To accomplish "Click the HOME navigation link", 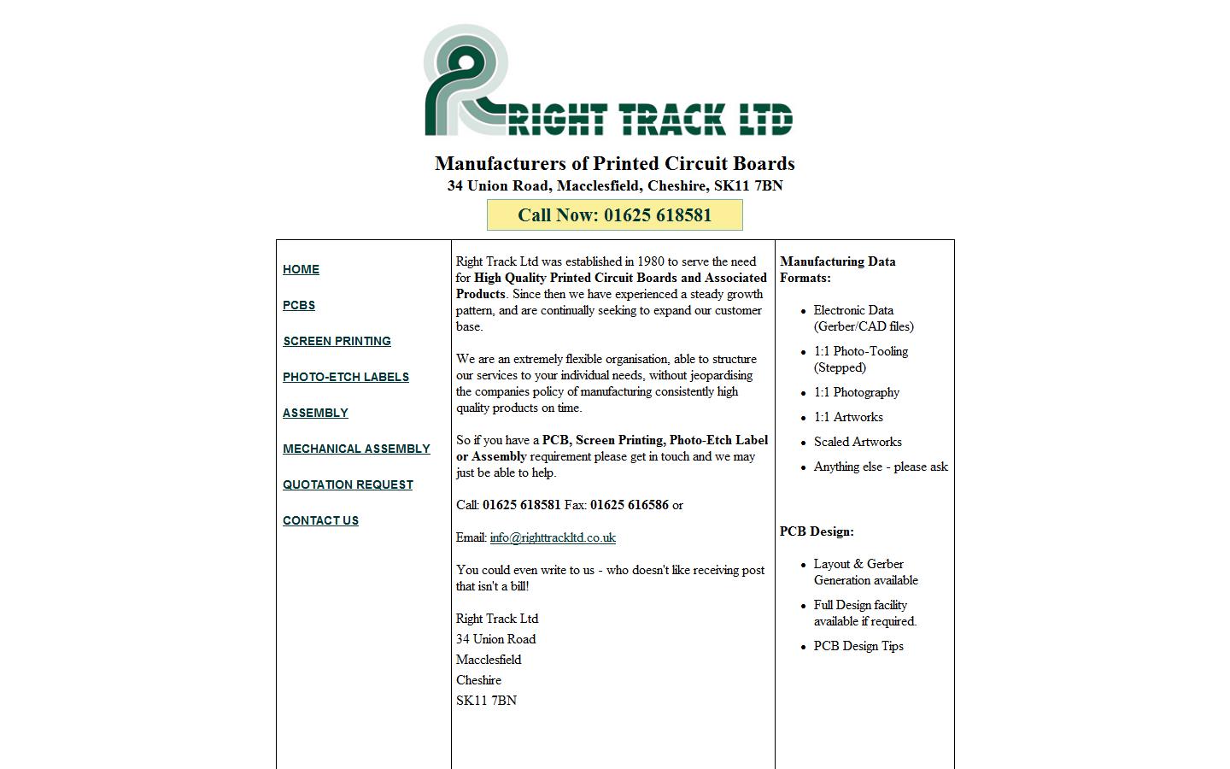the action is [x=301, y=269].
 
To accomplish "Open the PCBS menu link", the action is [x=299, y=305].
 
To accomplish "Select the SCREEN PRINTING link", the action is [x=337, y=341].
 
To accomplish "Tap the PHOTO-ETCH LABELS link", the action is [x=346, y=377].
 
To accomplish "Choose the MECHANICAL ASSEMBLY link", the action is [x=356, y=449].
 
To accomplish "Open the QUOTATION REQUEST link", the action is [x=348, y=484].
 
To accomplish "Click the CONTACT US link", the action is [x=320, y=520].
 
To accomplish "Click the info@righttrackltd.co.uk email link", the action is [x=553, y=537].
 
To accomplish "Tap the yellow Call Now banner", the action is [x=614, y=215].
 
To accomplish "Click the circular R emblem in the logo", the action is [x=466, y=79].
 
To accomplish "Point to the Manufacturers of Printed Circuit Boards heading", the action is [x=614, y=163].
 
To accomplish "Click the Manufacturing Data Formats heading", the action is [x=837, y=269].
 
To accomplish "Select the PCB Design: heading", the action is [x=817, y=531].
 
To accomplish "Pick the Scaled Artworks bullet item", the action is [x=858, y=442].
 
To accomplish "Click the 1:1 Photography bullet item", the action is [x=857, y=392].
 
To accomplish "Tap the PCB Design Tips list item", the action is [x=858, y=646].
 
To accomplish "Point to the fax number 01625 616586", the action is [x=629, y=505].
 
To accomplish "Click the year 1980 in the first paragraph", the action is [x=651, y=261].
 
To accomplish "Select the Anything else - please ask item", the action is [x=881, y=467].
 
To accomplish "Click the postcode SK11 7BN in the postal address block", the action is [x=486, y=701].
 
